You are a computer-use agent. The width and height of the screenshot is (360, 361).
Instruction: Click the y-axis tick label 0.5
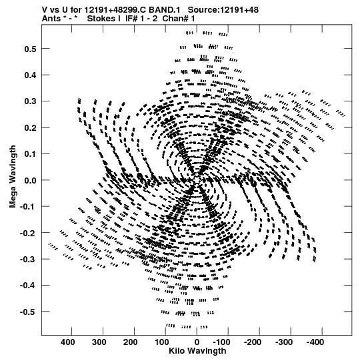coord(31,49)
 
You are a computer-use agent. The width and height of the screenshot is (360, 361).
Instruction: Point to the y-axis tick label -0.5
coord(28,312)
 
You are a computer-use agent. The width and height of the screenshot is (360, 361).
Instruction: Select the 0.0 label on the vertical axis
coord(31,180)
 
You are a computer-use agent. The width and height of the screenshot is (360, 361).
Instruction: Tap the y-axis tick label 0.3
coord(31,101)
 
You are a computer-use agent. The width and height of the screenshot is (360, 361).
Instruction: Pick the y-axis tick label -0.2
coord(28,233)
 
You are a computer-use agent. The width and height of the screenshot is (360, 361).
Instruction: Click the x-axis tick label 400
coord(68,342)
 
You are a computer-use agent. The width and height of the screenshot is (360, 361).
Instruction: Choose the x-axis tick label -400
coord(315,342)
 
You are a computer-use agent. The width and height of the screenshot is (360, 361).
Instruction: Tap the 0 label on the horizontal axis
coord(197,342)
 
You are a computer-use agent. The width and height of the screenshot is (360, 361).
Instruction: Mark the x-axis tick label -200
coord(253,342)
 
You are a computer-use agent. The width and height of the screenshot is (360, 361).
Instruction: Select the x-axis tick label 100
coord(161,342)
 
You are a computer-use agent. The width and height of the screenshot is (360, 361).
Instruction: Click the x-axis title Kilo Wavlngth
coord(197,351)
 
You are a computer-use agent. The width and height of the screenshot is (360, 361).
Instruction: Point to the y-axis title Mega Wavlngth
coord(13,177)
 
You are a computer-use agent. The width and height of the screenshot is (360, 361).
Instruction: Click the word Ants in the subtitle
coord(51,19)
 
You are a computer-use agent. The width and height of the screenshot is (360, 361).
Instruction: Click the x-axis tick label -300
coord(284,342)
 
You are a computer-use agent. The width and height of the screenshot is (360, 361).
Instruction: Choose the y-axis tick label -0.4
coord(28,286)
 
